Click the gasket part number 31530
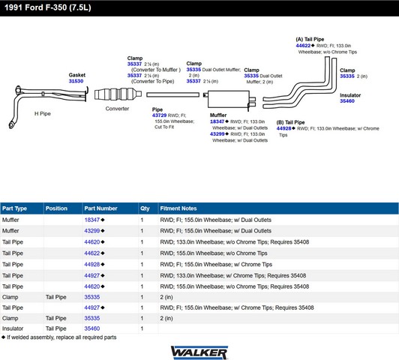click(76, 81)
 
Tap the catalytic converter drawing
click(118, 94)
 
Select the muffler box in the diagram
click(229, 99)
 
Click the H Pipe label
click(43, 114)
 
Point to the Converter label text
click(117, 109)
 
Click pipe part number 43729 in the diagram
click(159, 115)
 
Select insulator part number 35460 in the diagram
click(347, 101)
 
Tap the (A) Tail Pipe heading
click(310, 40)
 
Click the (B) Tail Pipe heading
click(290, 122)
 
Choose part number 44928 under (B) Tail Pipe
click(283, 128)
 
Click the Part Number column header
click(100, 208)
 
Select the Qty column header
click(145, 208)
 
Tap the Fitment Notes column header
click(178, 208)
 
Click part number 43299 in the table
click(91, 231)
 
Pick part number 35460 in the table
click(91, 328)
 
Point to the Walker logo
click(199, 352)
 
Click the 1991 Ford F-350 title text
click(48, 7)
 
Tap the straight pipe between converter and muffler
click(172, 94)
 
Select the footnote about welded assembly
click(59, 337)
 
